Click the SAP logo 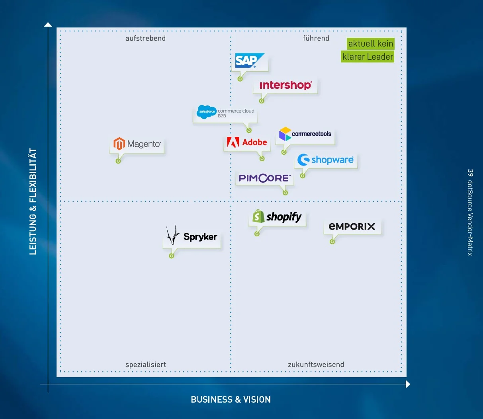pos(250,60)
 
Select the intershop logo pos(285,85)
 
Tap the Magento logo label pos(137,143)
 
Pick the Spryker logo pos(192,235)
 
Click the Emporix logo pos(352,226)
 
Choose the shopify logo pos(277,216)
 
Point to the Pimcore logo pos(265,178)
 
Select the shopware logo pos(326,160)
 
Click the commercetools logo pos(305,134)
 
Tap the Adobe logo pos(247,142)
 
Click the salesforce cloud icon pos(207,111)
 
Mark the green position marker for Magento pos(118,161)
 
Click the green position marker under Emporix pos(332,242)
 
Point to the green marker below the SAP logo pos(240,79)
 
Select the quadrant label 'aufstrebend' pos(145,38)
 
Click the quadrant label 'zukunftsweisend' pos(316,364)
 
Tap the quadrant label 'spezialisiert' pos(146,365)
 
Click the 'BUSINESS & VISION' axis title pos(231,400)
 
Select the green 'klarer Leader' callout pos(368,57)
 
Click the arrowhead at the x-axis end pos(408,384)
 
